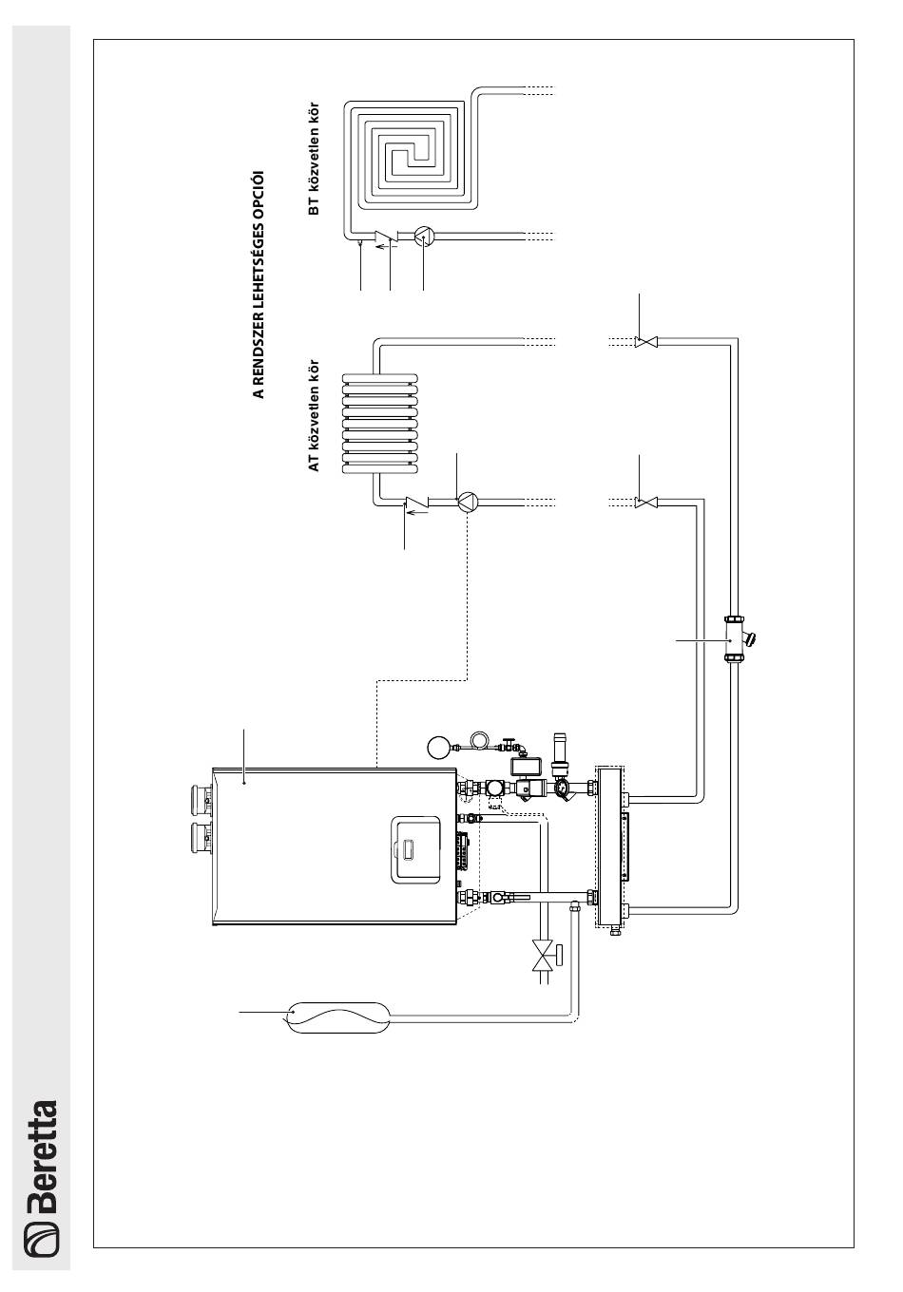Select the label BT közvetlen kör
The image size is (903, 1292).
tap(314, 159)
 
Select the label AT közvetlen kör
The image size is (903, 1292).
tap(314, 415)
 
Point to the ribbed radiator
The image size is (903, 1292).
tap(379, 424)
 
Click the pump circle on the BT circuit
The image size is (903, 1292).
tap(424, 236)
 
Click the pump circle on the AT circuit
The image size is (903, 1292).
tap(468, 502)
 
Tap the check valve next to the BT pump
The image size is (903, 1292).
tap(384, 237)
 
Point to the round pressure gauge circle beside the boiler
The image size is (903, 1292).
tap(437, 748)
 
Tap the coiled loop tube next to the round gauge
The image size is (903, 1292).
tap(479, 739)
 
